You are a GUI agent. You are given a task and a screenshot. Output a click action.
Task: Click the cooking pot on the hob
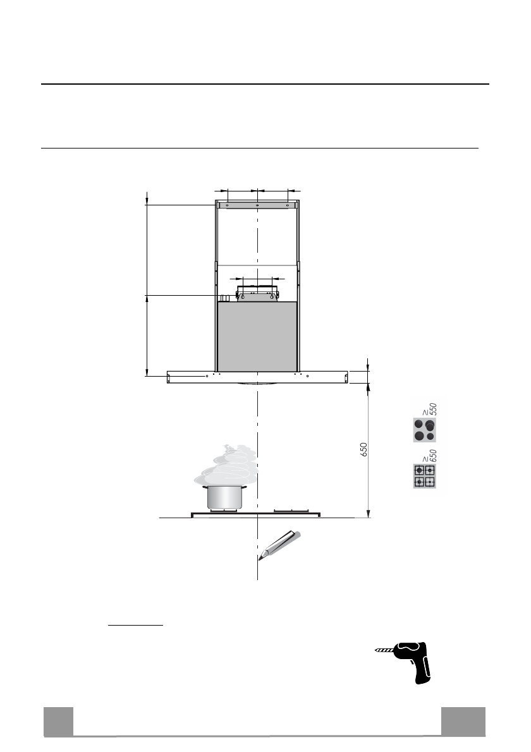pos(224,497)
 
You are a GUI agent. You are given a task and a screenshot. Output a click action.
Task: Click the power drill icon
pos(405,662)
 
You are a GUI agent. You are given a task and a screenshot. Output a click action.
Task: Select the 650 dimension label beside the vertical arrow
pos(363,449)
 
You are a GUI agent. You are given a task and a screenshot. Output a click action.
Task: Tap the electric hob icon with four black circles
pos(425,430)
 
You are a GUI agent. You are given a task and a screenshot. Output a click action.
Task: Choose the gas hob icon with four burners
pos(425,476)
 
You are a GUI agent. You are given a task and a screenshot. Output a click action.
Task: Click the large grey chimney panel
pos(257,337)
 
